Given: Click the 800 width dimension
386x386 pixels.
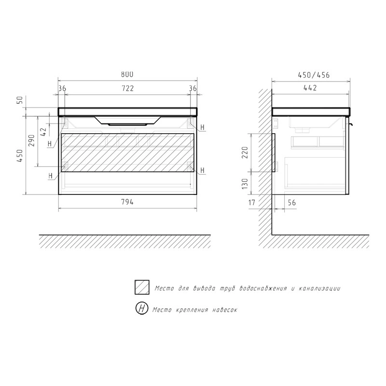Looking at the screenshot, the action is (127, 74).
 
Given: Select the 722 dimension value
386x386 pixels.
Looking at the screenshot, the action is (127, 88).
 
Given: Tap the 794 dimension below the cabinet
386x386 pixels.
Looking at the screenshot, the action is (127, 202).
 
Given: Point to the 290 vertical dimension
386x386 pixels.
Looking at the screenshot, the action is (31, 140).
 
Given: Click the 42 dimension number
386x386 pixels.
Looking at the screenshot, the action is (43, 132).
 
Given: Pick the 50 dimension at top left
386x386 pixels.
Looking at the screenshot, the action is (20, 100).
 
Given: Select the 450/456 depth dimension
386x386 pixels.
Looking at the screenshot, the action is (314, 75).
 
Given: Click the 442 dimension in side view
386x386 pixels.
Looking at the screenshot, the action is (310, 88).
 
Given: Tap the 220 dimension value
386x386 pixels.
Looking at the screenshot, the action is (245, 152).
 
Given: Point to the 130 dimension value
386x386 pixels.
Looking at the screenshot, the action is (245, 184).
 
